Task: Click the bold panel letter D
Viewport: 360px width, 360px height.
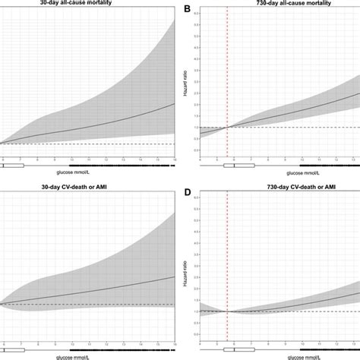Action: point(186,188)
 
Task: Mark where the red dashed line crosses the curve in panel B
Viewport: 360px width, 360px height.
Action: point(227,128)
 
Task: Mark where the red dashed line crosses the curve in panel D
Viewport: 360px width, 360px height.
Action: point(227,311)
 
